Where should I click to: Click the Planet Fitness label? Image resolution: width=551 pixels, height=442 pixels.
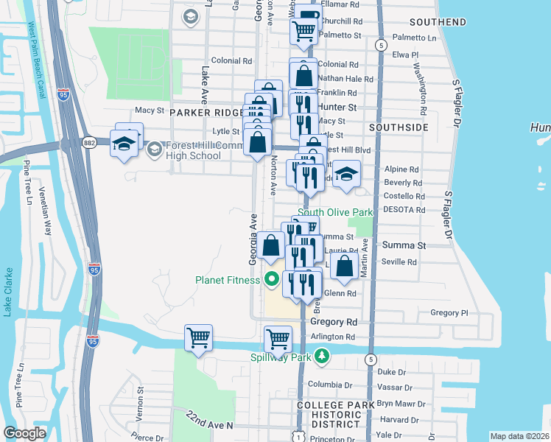227,280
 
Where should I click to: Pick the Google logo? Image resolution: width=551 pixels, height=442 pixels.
24,433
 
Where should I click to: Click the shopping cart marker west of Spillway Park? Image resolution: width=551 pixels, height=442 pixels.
199,339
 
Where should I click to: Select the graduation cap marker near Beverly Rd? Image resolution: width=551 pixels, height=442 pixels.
346,175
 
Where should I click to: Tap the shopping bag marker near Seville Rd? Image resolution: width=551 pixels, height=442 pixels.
344,267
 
